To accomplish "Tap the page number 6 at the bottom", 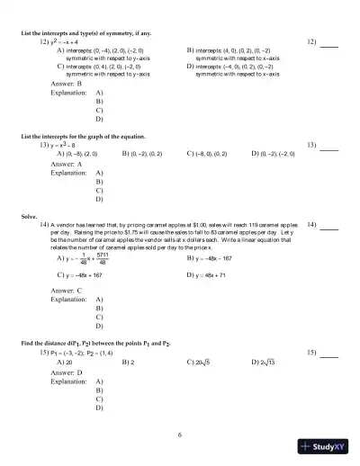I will point(180,435).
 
